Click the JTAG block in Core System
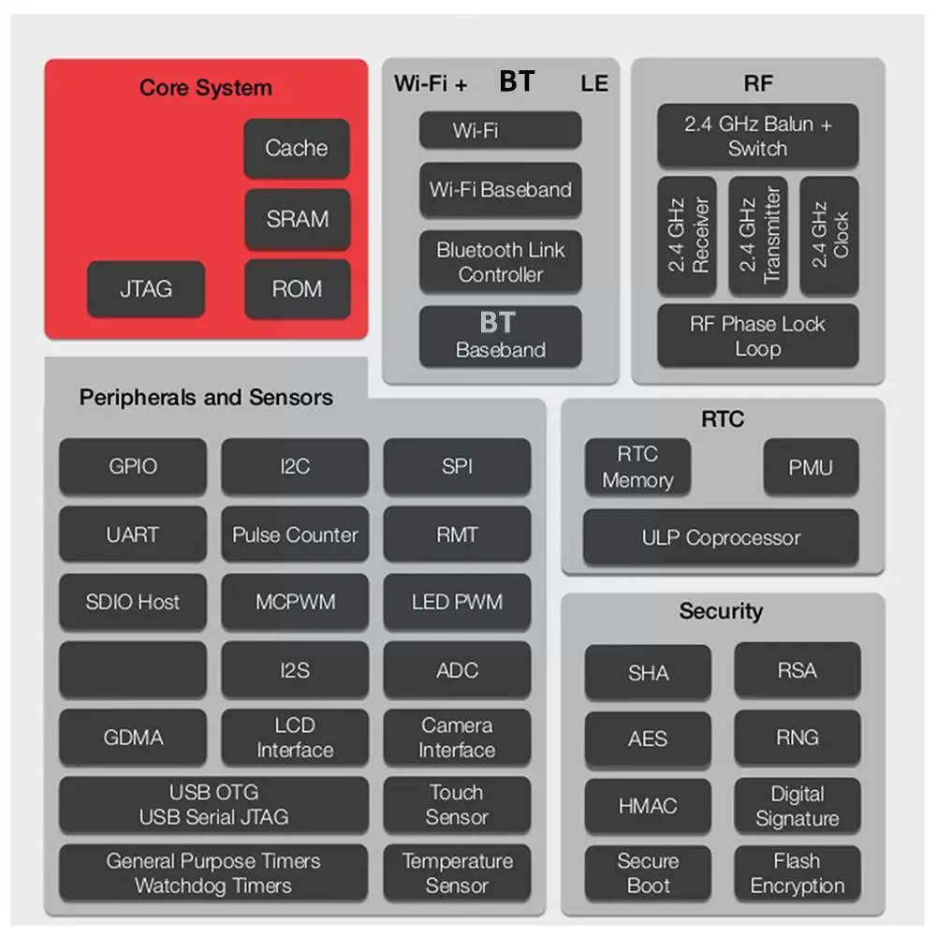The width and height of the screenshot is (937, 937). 145,289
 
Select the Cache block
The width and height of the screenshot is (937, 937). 297,148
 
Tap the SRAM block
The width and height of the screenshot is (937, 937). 297,219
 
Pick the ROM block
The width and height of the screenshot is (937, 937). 297,289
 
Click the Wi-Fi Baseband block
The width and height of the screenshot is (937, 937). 500,190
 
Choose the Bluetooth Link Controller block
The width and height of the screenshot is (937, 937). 500,262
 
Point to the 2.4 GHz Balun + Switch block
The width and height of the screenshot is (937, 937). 757,137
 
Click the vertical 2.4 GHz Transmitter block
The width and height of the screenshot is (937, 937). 757,235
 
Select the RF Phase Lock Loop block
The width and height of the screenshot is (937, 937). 757,336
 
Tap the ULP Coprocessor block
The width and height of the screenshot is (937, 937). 720,538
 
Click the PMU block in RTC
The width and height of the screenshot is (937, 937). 810,467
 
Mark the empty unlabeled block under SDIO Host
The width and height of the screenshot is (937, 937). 133,669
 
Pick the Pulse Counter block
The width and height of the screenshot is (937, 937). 295,535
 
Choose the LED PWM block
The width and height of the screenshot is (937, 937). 457,602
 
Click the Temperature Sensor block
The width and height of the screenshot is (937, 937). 457,872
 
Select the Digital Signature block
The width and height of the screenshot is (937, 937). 797,806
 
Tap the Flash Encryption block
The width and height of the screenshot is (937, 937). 797,873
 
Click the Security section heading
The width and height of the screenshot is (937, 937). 721,611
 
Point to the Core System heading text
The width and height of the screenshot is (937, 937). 205,88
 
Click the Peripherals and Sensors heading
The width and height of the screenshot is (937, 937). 206,397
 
